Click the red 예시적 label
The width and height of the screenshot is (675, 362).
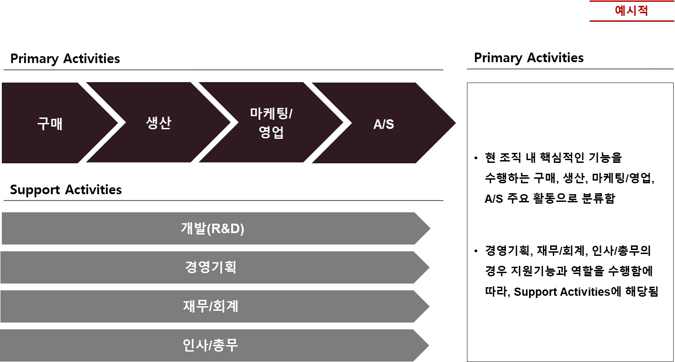(631, 11)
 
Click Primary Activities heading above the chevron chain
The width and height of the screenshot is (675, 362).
(65, 59)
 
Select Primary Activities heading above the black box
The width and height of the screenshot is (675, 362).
(529, 58)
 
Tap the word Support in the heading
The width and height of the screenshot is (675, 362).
(34, 190)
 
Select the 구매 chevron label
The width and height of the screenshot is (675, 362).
(50, 123)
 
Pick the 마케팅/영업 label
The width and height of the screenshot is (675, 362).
(271, 123)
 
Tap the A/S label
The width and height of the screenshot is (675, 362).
(383, 124)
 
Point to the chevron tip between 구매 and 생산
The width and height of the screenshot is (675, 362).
(121, 122)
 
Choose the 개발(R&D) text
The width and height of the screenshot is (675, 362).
(212, 229)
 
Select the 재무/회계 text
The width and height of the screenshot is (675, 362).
(210, 307)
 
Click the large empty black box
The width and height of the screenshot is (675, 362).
(570, 221)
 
